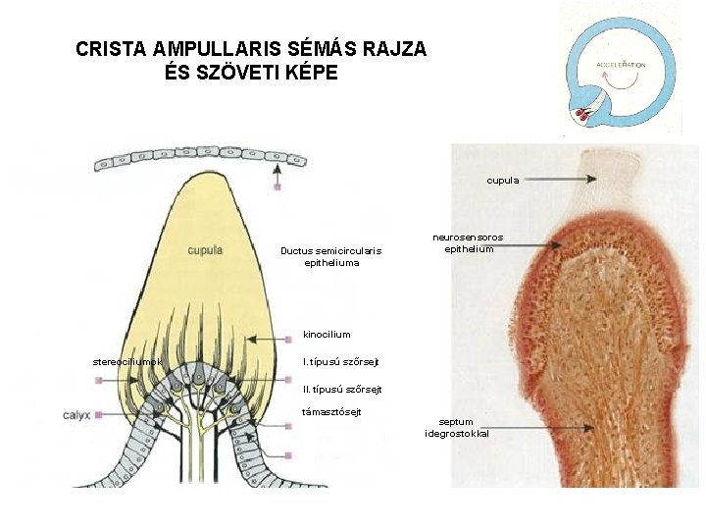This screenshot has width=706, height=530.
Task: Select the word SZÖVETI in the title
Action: pos(250,73)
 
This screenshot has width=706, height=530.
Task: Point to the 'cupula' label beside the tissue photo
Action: pos(503,180)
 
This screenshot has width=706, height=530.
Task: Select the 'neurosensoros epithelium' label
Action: pos(468,243)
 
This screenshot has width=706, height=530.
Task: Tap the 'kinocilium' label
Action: pos(327,335)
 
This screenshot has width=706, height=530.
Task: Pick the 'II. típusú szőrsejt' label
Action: pos(341,390)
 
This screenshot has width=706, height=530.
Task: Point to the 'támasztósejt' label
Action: pos(330,411)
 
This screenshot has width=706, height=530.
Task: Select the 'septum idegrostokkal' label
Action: pos(456,428)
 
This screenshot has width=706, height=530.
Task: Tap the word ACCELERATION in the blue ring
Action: pos(622,65)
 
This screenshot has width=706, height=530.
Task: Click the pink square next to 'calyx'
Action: pos(100,415)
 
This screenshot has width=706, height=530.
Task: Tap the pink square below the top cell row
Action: pos(277,186)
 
